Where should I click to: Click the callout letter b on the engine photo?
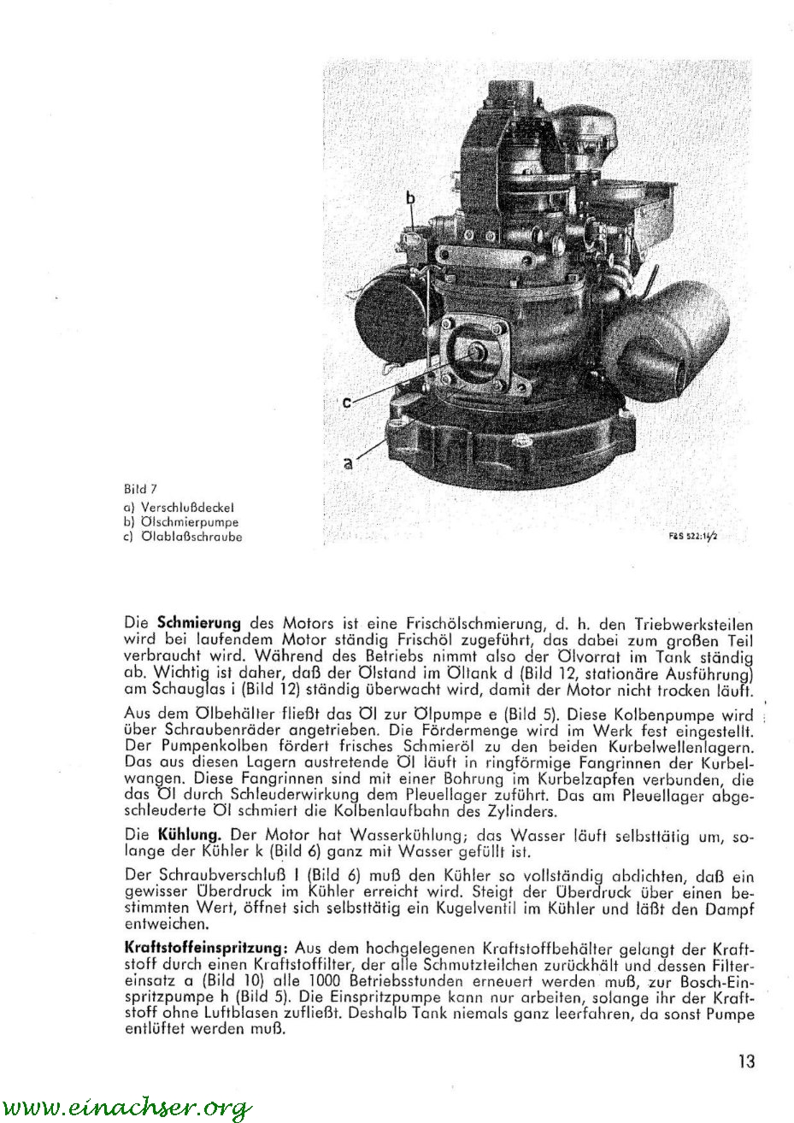pyautogui.click(x=410, y=198)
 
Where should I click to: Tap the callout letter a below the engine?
pyautogui.click(x=348, y=464)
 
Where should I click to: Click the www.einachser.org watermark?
pyautogui.click(x=126, y=1108)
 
